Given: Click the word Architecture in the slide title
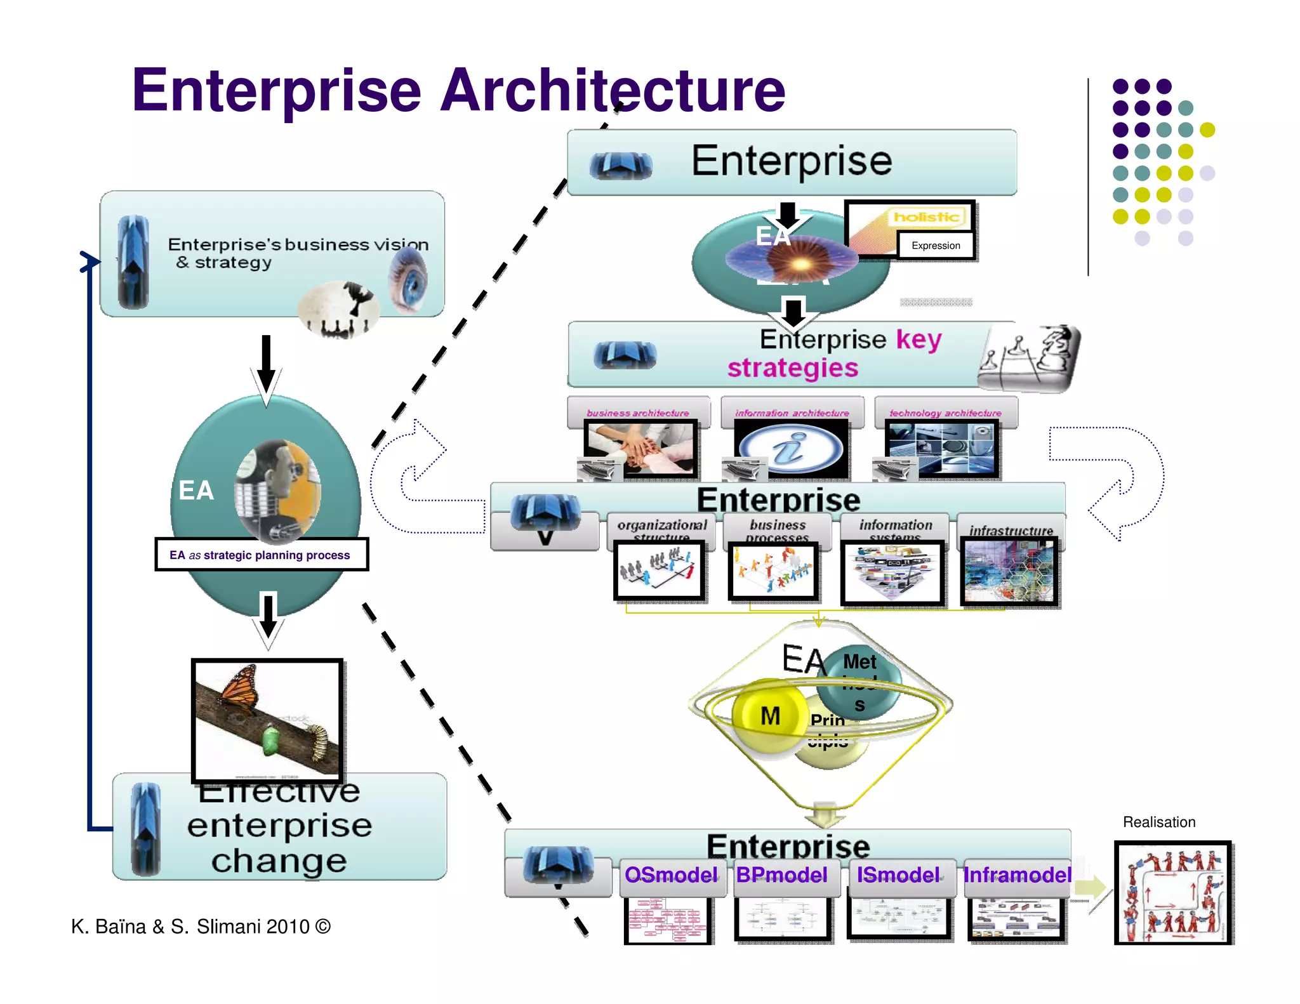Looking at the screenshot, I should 613,90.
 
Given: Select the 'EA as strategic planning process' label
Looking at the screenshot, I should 260,555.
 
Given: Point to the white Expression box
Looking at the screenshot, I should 936,246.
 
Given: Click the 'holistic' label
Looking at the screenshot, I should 926,217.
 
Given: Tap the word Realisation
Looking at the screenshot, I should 1158,822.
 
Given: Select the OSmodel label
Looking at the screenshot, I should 671,875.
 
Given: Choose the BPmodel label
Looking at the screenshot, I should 782,875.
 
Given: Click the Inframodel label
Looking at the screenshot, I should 1017,875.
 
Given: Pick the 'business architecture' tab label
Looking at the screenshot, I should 637,413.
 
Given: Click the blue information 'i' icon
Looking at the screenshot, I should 791,449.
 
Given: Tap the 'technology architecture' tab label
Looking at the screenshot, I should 945,413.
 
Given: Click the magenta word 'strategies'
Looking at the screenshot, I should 793,368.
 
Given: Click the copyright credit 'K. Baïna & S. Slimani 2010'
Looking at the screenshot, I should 201,927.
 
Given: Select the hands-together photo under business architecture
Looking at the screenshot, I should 640,448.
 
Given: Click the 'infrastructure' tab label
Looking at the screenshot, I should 1011,531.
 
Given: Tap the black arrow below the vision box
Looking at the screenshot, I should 267,365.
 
